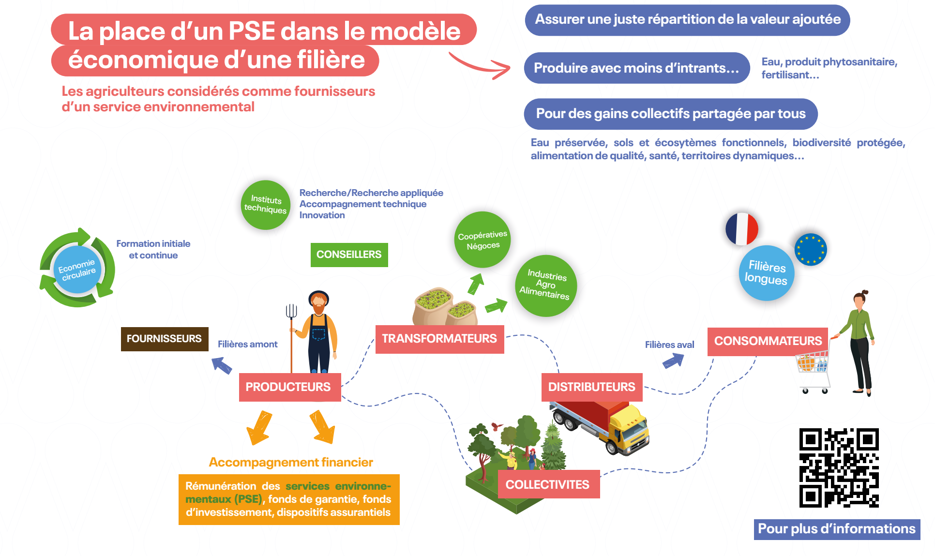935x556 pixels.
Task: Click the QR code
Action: pos(839,467)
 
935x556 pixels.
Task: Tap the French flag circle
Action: pos(741,229)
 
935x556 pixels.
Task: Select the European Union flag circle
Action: pos(811,250)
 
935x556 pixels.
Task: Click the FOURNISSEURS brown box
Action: pos(165,339)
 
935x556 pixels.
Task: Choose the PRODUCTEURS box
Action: pos(289,387)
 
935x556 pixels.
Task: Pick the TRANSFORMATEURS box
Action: pos(439,339)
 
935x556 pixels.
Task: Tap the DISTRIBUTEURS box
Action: pos(591,387)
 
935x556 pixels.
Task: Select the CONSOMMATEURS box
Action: pos(768,341)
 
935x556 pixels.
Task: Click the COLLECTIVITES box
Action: pos(548,484)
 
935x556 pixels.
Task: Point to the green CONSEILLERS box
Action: pos(349,255)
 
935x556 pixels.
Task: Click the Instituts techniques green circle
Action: pos(265,205)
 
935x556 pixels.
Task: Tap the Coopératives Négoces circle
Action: pos(483,240)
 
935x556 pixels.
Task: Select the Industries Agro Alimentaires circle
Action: pos(545,286)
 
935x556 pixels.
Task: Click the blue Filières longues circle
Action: pos(766,273)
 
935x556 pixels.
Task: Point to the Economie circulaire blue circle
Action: pos(77,269)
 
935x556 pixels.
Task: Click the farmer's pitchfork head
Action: pos(291,311)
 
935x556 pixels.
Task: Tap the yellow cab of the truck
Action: pos(628,428)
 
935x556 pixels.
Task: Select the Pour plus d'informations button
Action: pos(836,529)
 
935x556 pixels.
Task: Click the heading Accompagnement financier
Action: pos(291,463)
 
